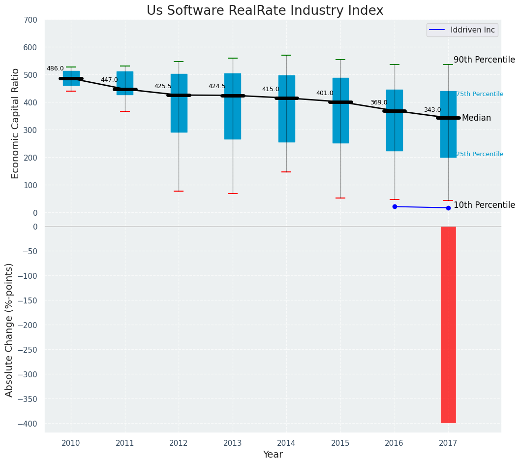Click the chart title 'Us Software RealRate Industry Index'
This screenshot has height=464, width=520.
[265, 11]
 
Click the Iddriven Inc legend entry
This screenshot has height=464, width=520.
[462, 30]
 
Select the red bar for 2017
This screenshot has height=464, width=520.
[448, 325]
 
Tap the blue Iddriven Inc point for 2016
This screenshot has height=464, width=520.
[395, 206]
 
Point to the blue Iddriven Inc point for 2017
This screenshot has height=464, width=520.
[448, 208]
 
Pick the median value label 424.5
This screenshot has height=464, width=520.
[217, 86]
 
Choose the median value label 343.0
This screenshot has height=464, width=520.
[432, 110]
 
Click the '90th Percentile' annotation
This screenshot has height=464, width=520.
[484, 60]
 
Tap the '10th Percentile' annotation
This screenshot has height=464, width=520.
[484, 205]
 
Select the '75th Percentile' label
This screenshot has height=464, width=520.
[480, 94]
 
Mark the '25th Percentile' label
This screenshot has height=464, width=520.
[480, 154]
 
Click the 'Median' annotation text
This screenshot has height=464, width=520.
[476, 118]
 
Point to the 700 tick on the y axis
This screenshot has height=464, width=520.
[30, 20]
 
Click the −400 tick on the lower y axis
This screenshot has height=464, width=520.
[28, 424]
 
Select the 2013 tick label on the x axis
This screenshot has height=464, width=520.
[233, 443]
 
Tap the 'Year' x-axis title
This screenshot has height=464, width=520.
[273, 455]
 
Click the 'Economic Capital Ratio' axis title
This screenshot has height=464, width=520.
[15, 123]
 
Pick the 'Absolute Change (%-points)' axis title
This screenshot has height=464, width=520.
[9, 330]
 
